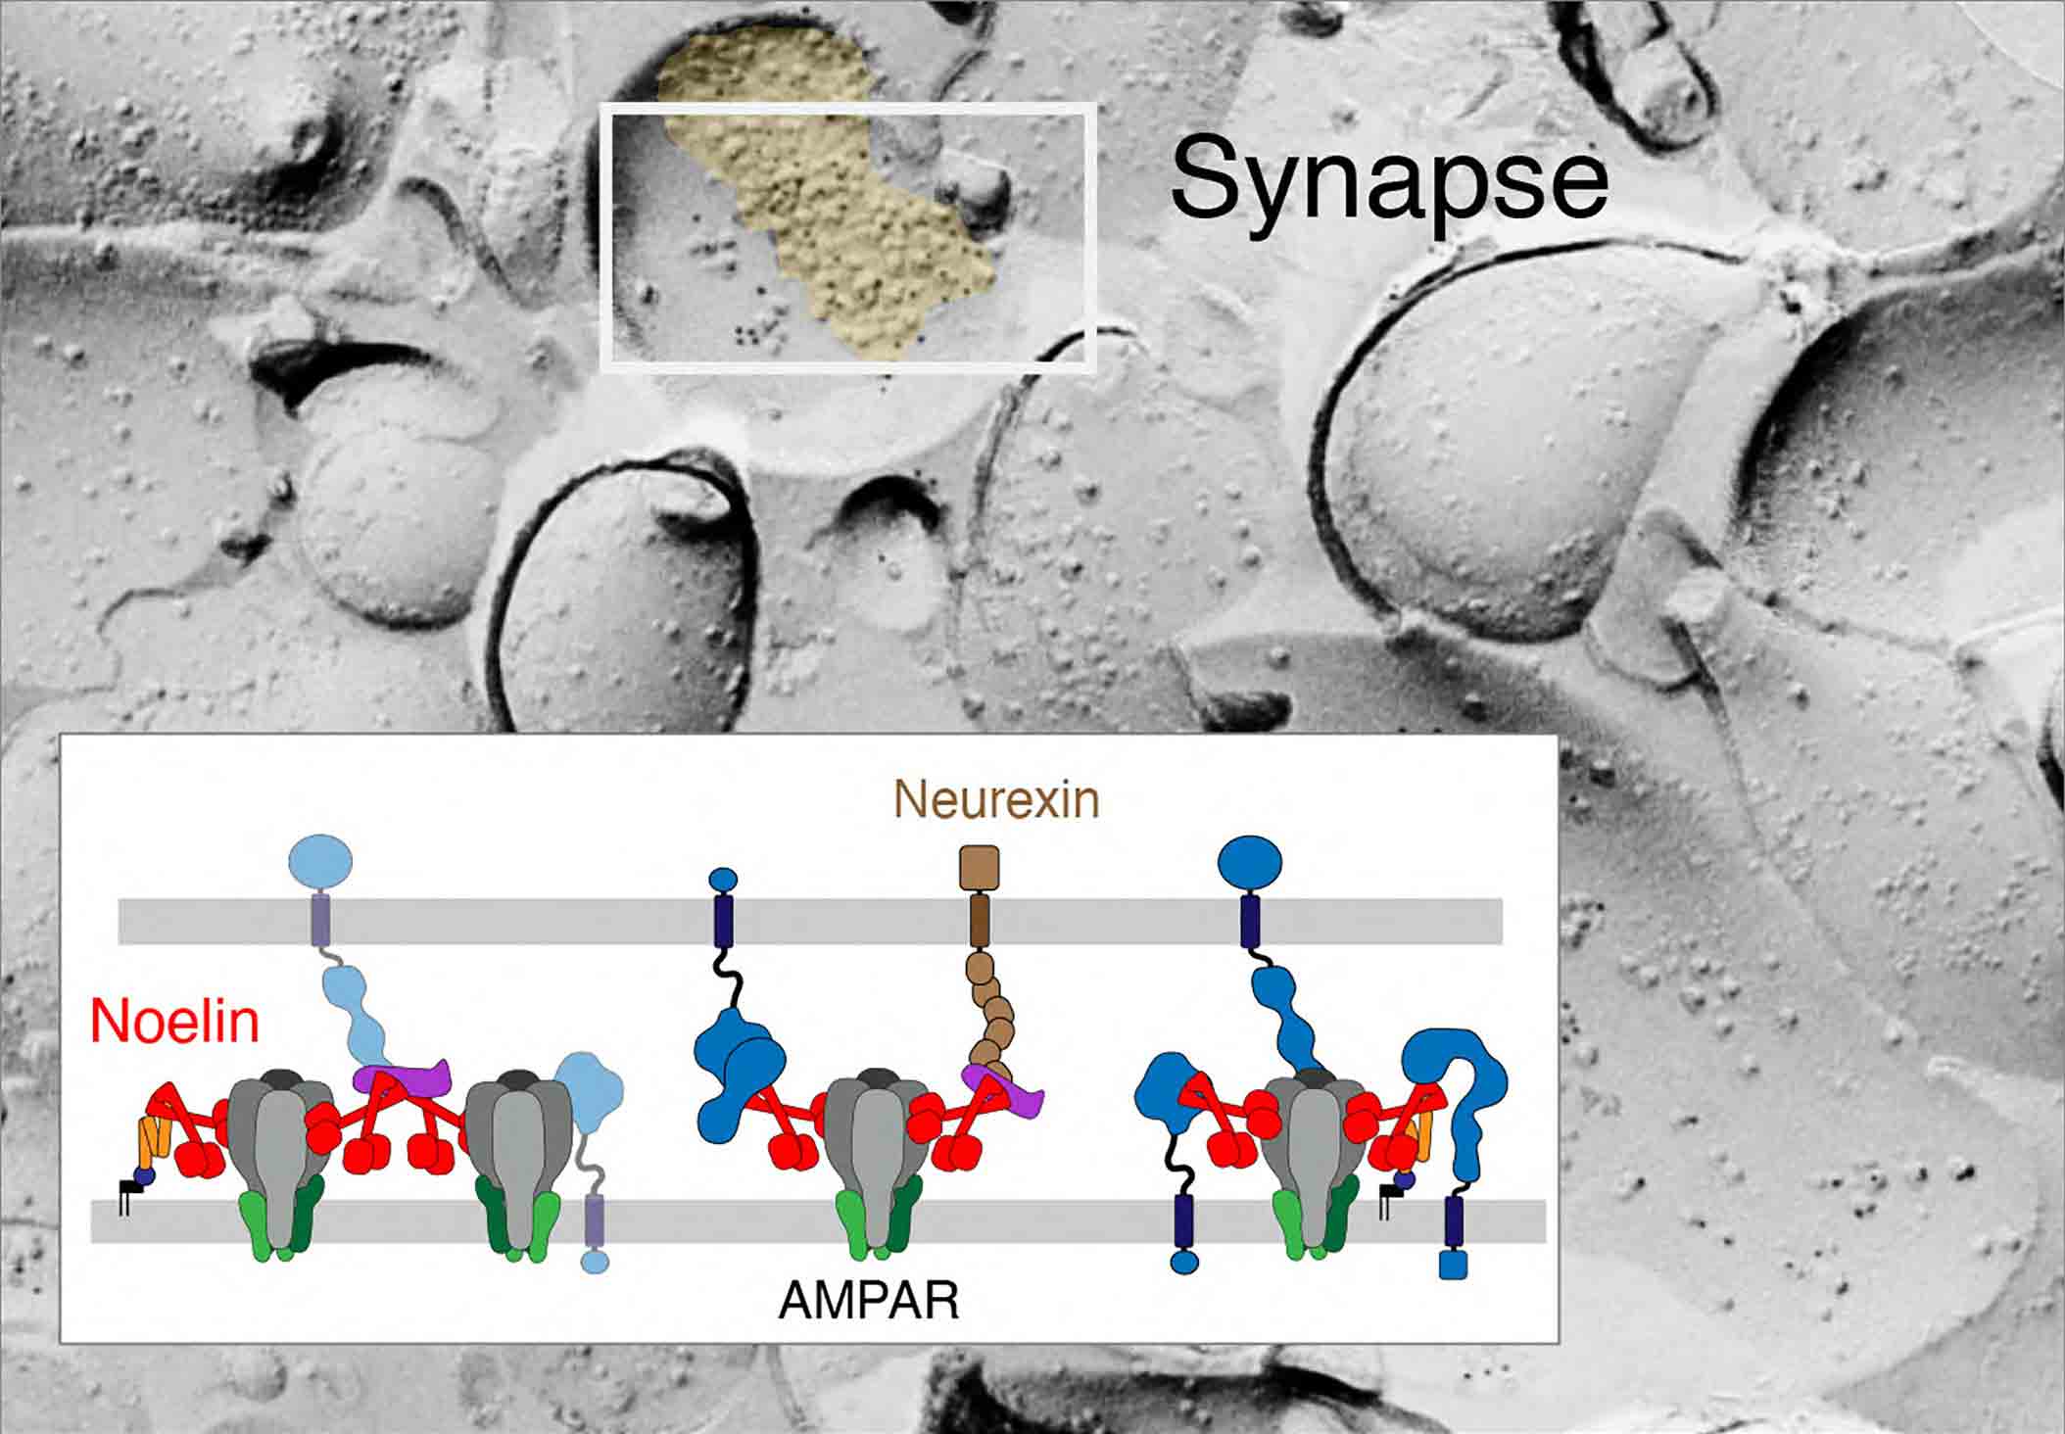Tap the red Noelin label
174,1022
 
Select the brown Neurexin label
996,800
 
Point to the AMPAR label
869,1302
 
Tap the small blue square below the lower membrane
1454,1264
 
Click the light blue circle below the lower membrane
595,1260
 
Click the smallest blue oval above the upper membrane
722,879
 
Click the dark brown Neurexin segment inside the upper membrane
978,921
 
